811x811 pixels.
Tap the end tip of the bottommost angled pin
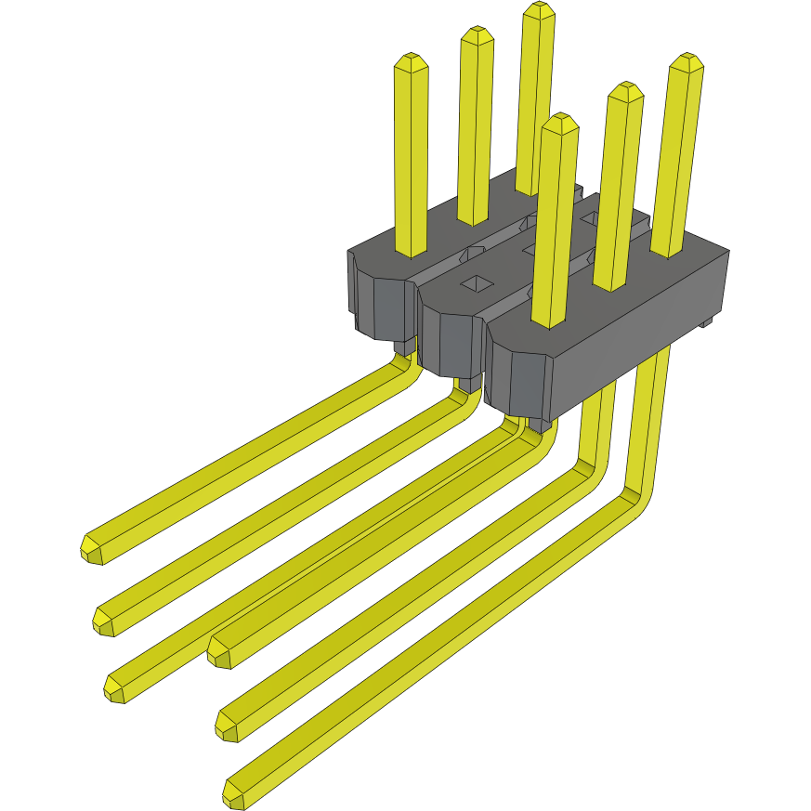(x=235, y=794)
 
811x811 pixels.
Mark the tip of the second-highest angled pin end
(x=104, y=618)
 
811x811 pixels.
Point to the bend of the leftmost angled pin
(x=405, y=367)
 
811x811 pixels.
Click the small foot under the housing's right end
(x=707, y=322)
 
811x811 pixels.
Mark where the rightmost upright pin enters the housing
(x=666, y=252)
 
